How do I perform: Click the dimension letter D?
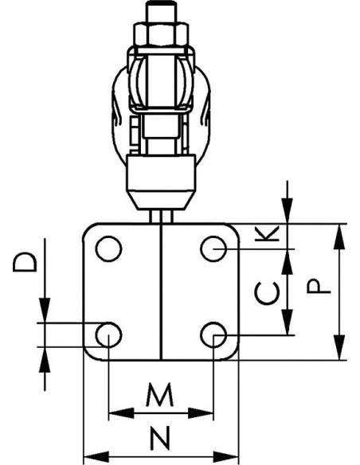[x=25, y=262]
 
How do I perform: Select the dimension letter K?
[x=267, y=233]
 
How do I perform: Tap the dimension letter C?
[x=267, y=293]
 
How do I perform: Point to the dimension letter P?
[x=319, y=286]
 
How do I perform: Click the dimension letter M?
[x=159, y=394]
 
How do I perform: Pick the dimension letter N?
[x=160, y=438]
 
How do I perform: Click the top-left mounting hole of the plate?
[x=108, y=248]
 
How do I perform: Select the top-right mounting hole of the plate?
[x=213, y=248]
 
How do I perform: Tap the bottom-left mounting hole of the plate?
[x=108, y=334]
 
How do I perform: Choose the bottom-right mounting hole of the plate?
[x=213, y=334]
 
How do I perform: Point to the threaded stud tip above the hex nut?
[x=161, y=11]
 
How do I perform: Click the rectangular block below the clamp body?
[x=161, y=172]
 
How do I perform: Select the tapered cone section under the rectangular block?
[x=161, y=200]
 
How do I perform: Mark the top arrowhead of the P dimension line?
[x=340, y=236]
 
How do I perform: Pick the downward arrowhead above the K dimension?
[x=287, y=210]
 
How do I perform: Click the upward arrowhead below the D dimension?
[x=45, y=359]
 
